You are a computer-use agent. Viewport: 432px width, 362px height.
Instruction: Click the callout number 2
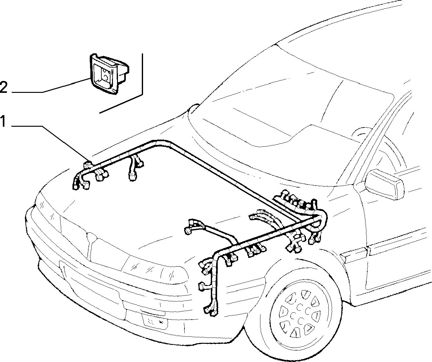coord(3,87)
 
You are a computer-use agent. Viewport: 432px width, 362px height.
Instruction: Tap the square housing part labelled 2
coord(109,74)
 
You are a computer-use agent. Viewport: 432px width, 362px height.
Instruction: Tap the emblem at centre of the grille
coord(91,236)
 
